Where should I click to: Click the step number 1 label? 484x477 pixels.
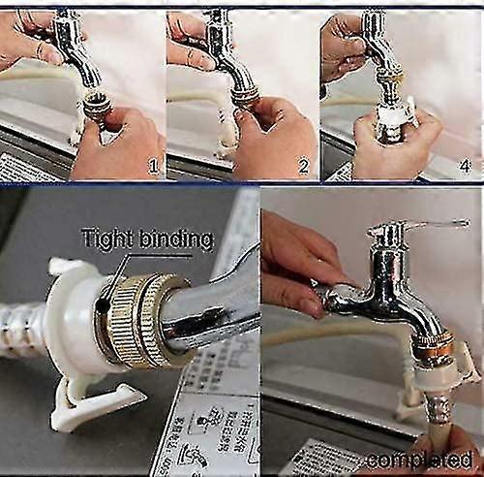pos(151,167)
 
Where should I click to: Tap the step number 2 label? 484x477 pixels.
pos(302,167)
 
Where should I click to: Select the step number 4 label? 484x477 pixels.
pos(465,167)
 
